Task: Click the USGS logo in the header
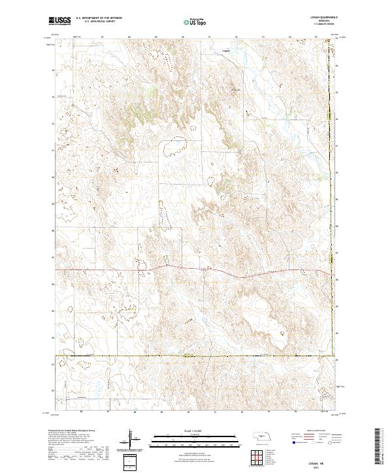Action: (x=60, y=22)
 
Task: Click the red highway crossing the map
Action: (x=196, y=270)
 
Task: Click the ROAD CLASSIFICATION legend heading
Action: (x=316, y=431)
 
